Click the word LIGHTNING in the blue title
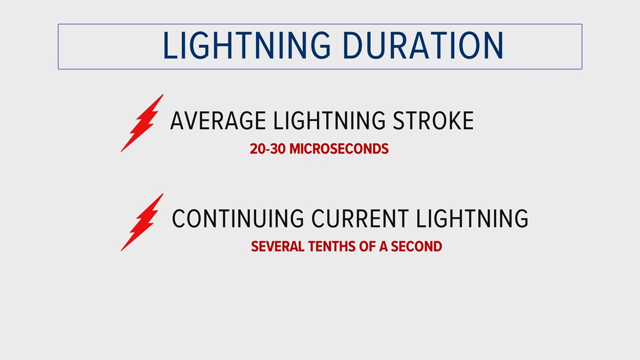[246, 45]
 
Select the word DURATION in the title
[423, 45]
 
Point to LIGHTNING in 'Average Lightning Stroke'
[329, 120]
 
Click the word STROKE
[433, 120]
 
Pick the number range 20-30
[267, 149]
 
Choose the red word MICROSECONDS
[339, 149]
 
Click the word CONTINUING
[238, 218]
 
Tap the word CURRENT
[360, 218]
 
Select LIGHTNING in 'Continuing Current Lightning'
[472, 218]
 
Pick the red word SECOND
[417, 247]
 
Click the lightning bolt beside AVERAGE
[142, 123]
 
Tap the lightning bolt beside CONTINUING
[142, 222]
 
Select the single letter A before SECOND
[383, 247]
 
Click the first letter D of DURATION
[352, 45]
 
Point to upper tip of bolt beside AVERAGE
[163, 94]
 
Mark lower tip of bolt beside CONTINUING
[121, 251]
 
